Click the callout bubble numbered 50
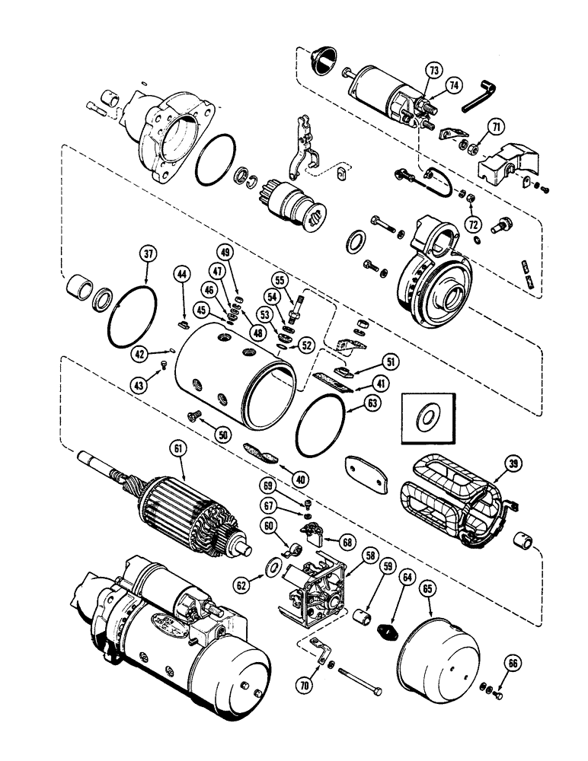(x=222, y=433)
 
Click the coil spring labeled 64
(x=390, y=631)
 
